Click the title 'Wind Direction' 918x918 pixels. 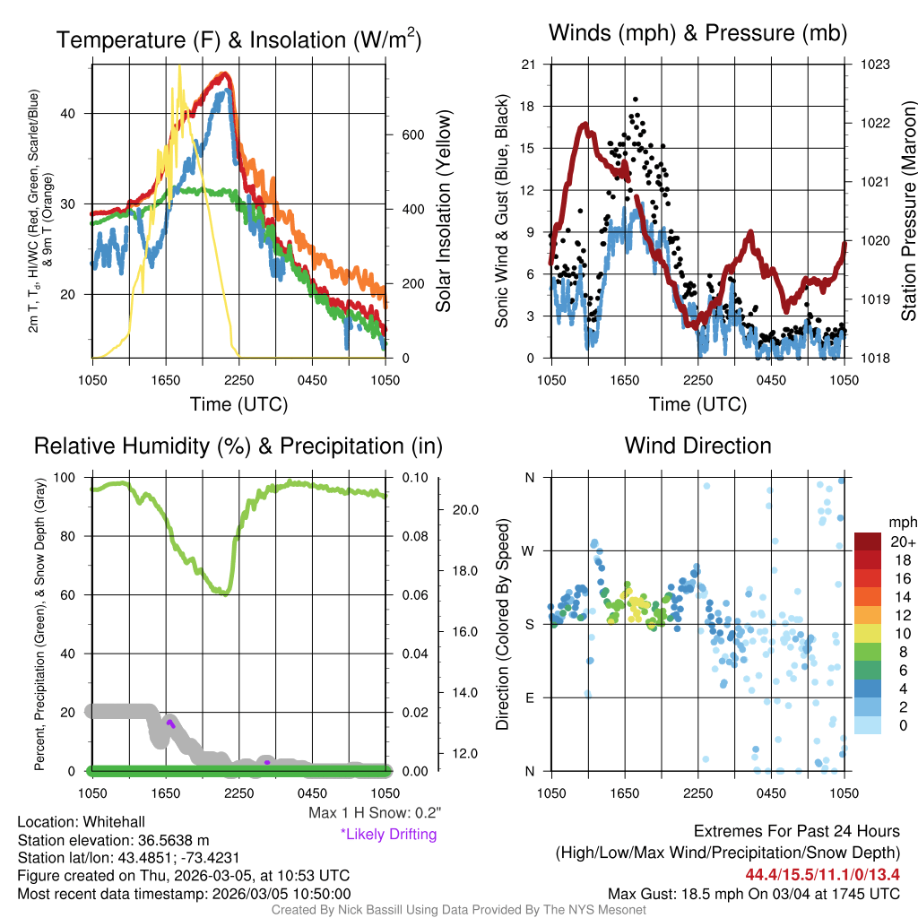tap(697, 446)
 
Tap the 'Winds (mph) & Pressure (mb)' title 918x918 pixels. tap(697, 34)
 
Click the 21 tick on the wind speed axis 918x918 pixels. tap(528, 65)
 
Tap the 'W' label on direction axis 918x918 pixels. tap(529, 550)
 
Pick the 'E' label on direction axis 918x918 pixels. tap(529, 697)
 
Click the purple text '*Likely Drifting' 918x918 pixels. tap(388, 834)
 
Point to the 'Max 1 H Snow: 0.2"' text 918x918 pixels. tap(374, 813)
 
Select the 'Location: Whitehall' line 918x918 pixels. tap(81, 822)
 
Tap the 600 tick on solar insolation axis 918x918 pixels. tap(411, 134)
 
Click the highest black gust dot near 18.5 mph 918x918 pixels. tap(636, 100)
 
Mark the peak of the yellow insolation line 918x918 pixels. tap(179, 66)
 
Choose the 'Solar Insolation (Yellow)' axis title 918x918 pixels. tap(443, 212)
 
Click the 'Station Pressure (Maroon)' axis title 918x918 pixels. tap(908, 212)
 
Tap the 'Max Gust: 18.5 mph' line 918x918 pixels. tap(753, 893)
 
